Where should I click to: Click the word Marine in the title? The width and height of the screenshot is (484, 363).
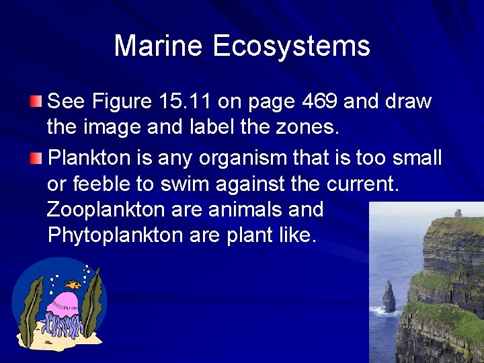click(x=159, y=46)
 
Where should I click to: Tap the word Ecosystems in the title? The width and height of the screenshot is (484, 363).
click(x=292, y=46)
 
